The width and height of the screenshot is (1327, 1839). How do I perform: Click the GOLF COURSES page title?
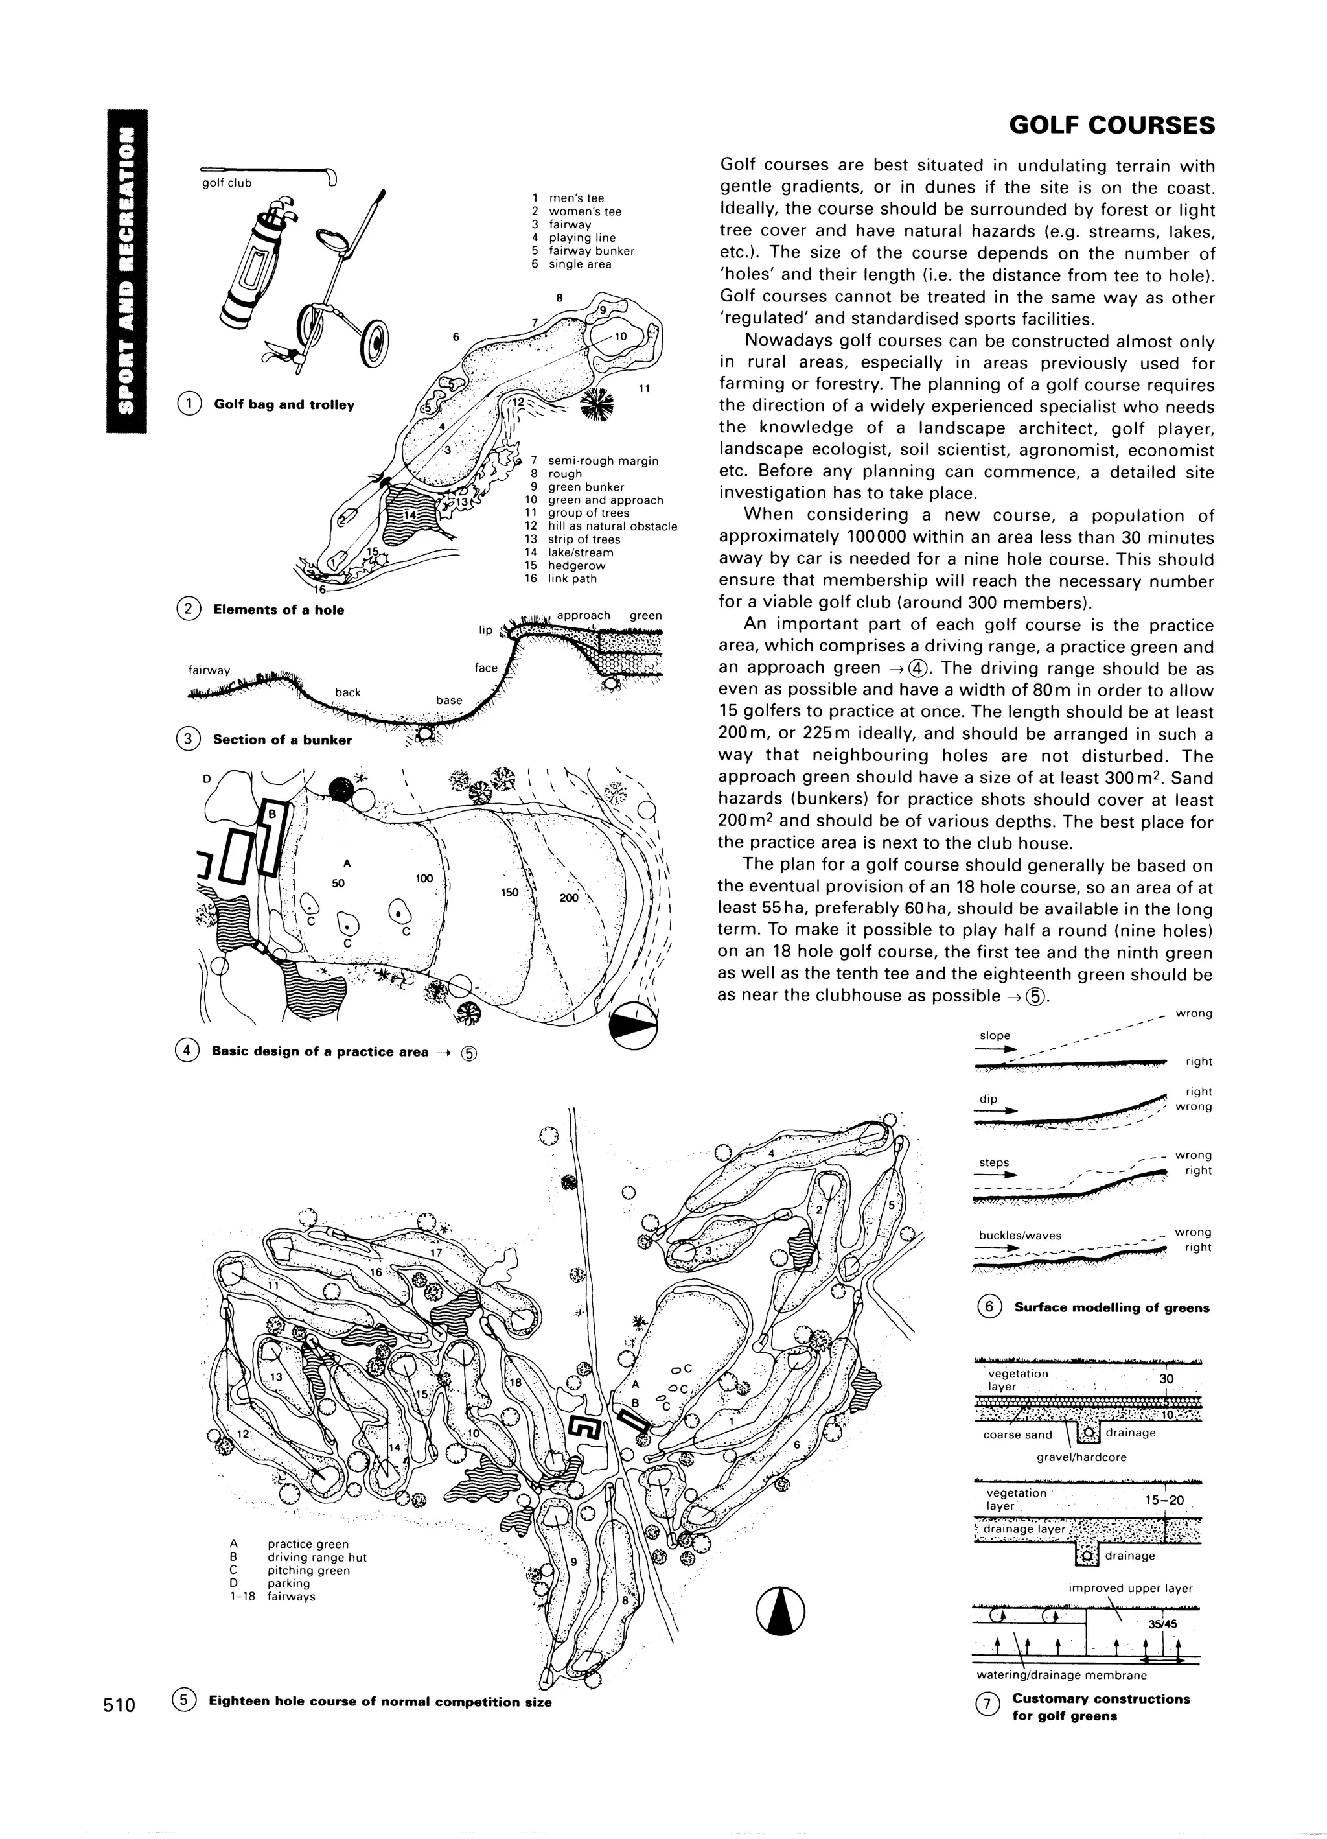[x=1111, y=126]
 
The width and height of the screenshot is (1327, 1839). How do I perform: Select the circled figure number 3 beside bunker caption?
[x=187, y=739]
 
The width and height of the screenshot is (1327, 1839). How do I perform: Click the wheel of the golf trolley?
[x=376, y=343]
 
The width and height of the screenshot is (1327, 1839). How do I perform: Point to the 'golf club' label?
[x=227, y=183]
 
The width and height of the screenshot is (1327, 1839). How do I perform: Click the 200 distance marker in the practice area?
[x=569, y=898]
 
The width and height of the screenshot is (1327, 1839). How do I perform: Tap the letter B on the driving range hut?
[x=272, y=812]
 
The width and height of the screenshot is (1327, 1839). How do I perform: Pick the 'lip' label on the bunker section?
[x=485, y=630]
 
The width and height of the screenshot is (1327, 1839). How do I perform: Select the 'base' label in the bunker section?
[x=449, y=700]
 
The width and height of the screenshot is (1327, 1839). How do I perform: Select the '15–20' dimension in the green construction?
[x=1164, y=1500]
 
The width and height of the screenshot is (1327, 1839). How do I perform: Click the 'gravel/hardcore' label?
[x=1081, y=1457]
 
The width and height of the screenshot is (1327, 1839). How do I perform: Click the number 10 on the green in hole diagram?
[x=620, y=336]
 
